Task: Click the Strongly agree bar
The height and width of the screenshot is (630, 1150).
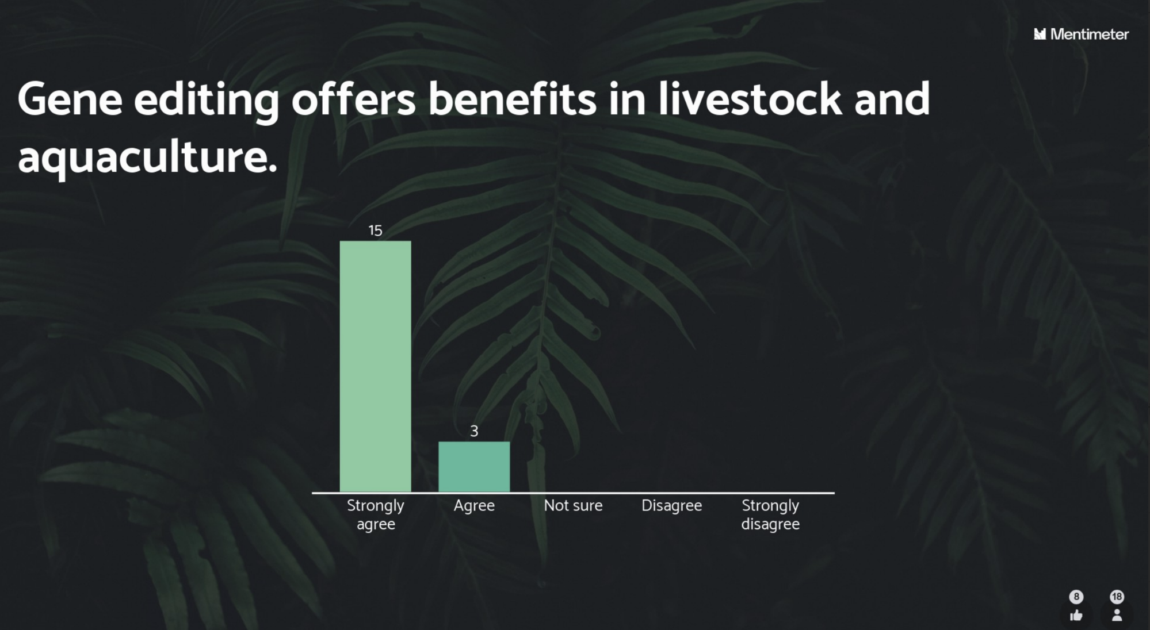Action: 375,366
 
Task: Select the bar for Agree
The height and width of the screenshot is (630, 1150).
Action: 474,467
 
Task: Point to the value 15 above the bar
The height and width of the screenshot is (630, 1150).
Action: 375,231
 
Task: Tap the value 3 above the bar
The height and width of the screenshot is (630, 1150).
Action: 474,431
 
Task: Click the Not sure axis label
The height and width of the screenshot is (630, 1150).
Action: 573,506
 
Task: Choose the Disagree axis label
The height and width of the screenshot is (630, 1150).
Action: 671,506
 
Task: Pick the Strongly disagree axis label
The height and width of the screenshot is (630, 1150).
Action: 770,515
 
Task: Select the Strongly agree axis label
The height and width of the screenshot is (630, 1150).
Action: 375,515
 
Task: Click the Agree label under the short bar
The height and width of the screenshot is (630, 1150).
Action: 474,506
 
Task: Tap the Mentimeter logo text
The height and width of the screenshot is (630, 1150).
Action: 1089,34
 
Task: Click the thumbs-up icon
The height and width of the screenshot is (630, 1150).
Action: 1076,616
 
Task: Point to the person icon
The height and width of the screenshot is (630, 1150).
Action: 1117,615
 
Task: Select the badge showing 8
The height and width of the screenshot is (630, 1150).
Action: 1076,597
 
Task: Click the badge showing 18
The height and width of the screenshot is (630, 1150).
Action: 1117,597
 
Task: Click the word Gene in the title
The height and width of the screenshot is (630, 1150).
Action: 70,99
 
